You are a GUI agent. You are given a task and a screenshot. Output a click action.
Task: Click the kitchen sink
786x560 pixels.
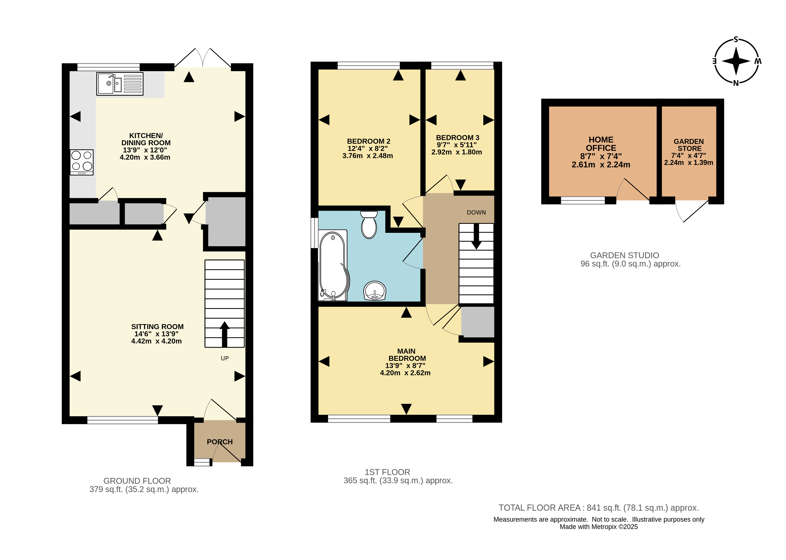coord(120,84)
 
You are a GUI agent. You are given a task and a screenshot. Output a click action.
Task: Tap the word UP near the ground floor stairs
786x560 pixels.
coord(225,358)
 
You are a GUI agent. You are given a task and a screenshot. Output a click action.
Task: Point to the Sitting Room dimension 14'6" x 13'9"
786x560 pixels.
coord(157,334)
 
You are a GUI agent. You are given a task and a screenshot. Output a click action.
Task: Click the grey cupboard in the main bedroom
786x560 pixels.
coord(478,322)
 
